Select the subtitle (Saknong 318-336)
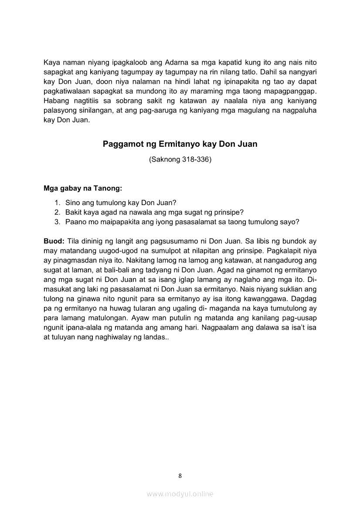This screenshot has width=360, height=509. point(180,160)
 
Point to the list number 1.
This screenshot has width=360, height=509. point(57,202)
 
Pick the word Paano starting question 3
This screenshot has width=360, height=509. point(76,222)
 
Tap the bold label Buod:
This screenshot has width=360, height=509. point(54,241)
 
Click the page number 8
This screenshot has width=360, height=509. point(180,475)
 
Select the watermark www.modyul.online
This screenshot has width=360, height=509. point(180,494)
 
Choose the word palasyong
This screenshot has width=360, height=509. point(59,111)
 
